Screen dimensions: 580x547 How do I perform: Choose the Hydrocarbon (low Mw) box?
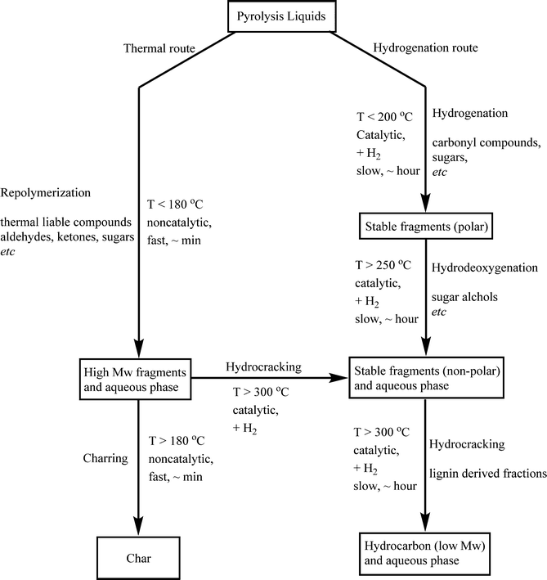pos(425,554)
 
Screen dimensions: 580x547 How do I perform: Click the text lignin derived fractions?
pos(489,473)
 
